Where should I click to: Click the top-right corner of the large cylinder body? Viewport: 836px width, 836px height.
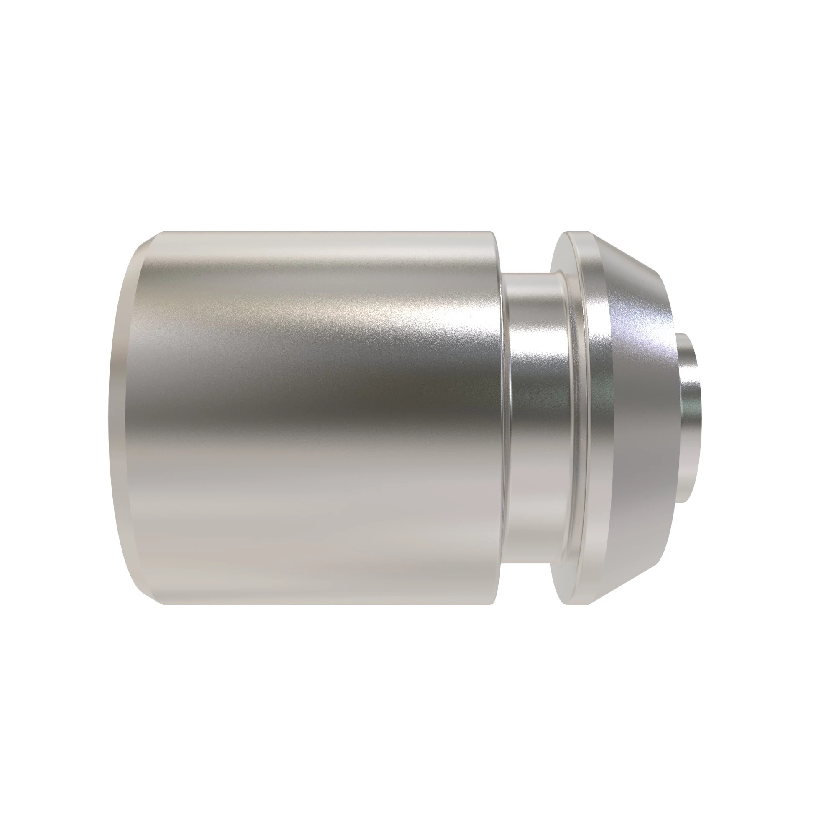coord(493,234)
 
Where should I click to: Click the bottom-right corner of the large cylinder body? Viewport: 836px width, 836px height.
coord(493,603)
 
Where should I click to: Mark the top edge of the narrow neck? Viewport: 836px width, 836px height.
coord(532,273)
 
